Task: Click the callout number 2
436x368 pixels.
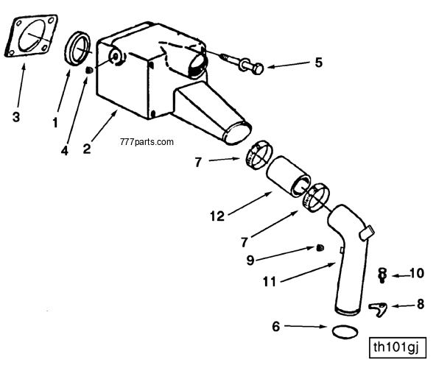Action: pyautogui.click(x=87, y=148)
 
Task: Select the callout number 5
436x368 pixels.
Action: pyautogui.click(x=318, y=63)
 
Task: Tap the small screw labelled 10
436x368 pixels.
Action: pyautogui.click(x=382, y=275)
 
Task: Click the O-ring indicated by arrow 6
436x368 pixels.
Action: pyautogui.click(x=343, y=330)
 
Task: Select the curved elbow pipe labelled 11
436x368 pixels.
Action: pyautogui.click(x=352, y=265)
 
